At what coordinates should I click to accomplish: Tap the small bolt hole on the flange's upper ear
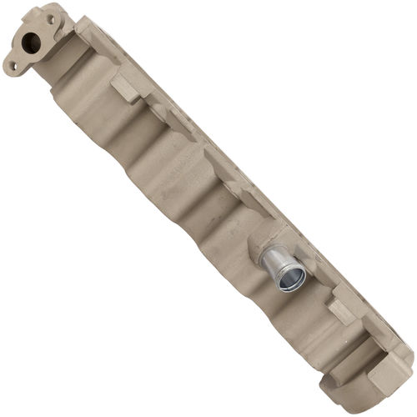coord(47,15)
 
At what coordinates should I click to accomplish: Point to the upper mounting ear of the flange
coord(50,15)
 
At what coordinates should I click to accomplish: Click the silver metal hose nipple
coord(282,269)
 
